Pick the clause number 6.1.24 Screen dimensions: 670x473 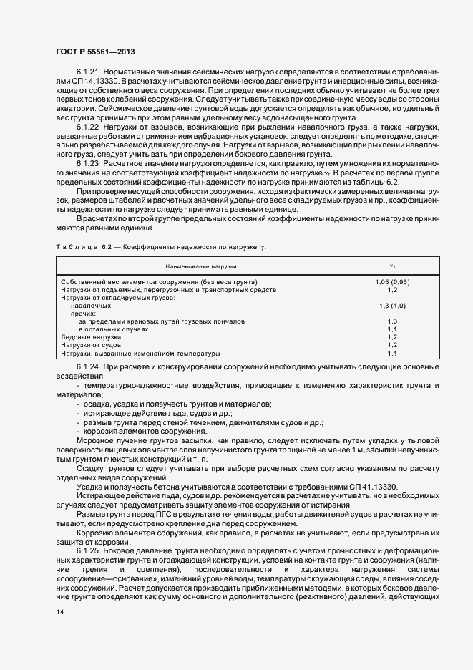coord(88,367)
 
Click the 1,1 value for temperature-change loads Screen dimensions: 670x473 coord(392,353)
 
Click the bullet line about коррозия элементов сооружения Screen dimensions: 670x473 coord(134,432)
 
